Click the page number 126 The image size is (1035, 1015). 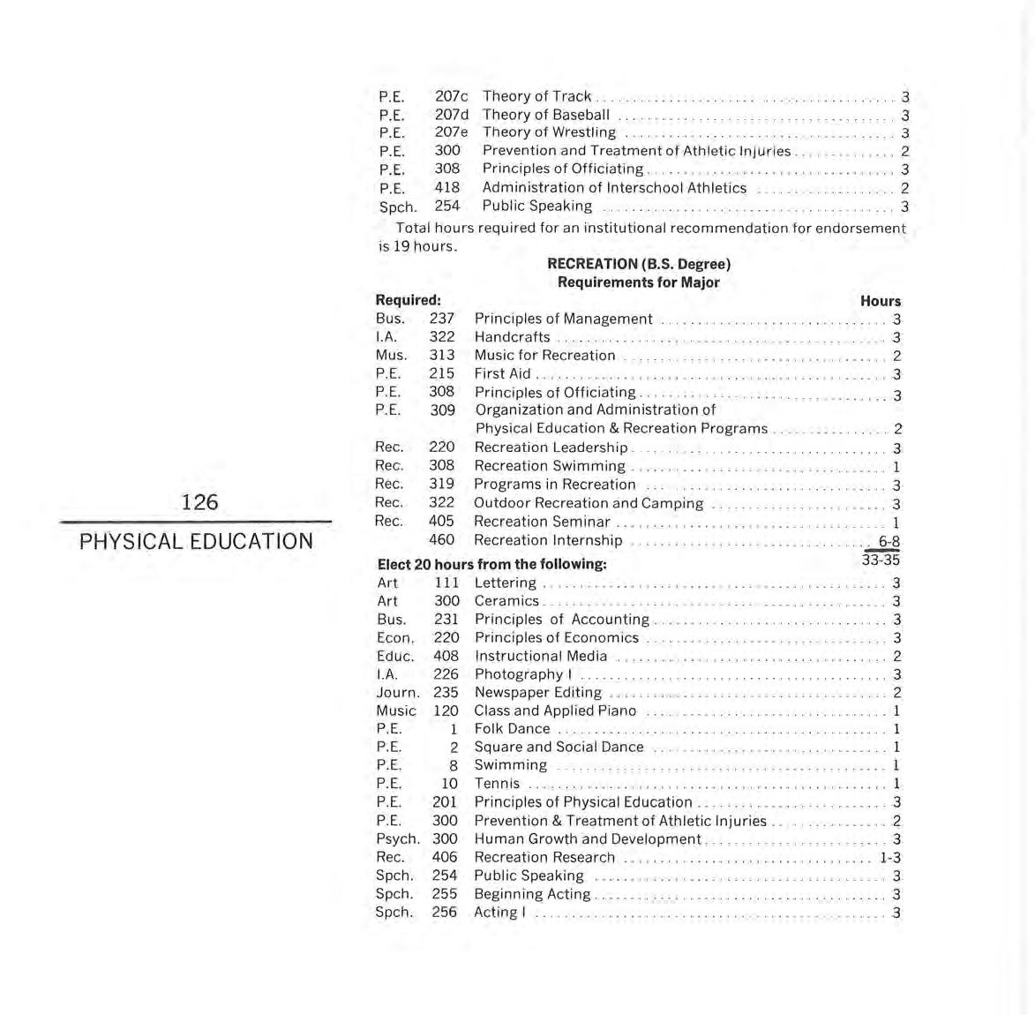click(199, 502)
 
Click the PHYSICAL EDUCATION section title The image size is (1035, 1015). click(196, 541)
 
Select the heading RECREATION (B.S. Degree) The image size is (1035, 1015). click(639, 263)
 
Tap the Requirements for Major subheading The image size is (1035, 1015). click(638, 282)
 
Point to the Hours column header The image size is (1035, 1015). click(880, 301)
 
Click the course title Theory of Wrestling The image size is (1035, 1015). click(549, 132)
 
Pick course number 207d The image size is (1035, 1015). click(451, 115)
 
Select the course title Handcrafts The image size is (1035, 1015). click(512, 337)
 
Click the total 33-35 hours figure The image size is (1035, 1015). click(881, 560)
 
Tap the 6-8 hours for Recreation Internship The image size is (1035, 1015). click(888, 541)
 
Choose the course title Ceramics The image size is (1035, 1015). click(506, 601)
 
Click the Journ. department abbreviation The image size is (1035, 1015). click(397, 693)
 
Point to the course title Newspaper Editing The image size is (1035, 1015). click(537, 693)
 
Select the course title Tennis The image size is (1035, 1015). click(497, 784)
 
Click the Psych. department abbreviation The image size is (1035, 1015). click(397, 839)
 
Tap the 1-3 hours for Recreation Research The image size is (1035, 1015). click(889, 857)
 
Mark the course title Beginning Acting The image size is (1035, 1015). click(532, 894)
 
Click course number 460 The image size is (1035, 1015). click(441, 540)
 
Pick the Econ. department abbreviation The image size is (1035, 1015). click(394, 638)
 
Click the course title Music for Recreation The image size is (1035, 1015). click(544, 356)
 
